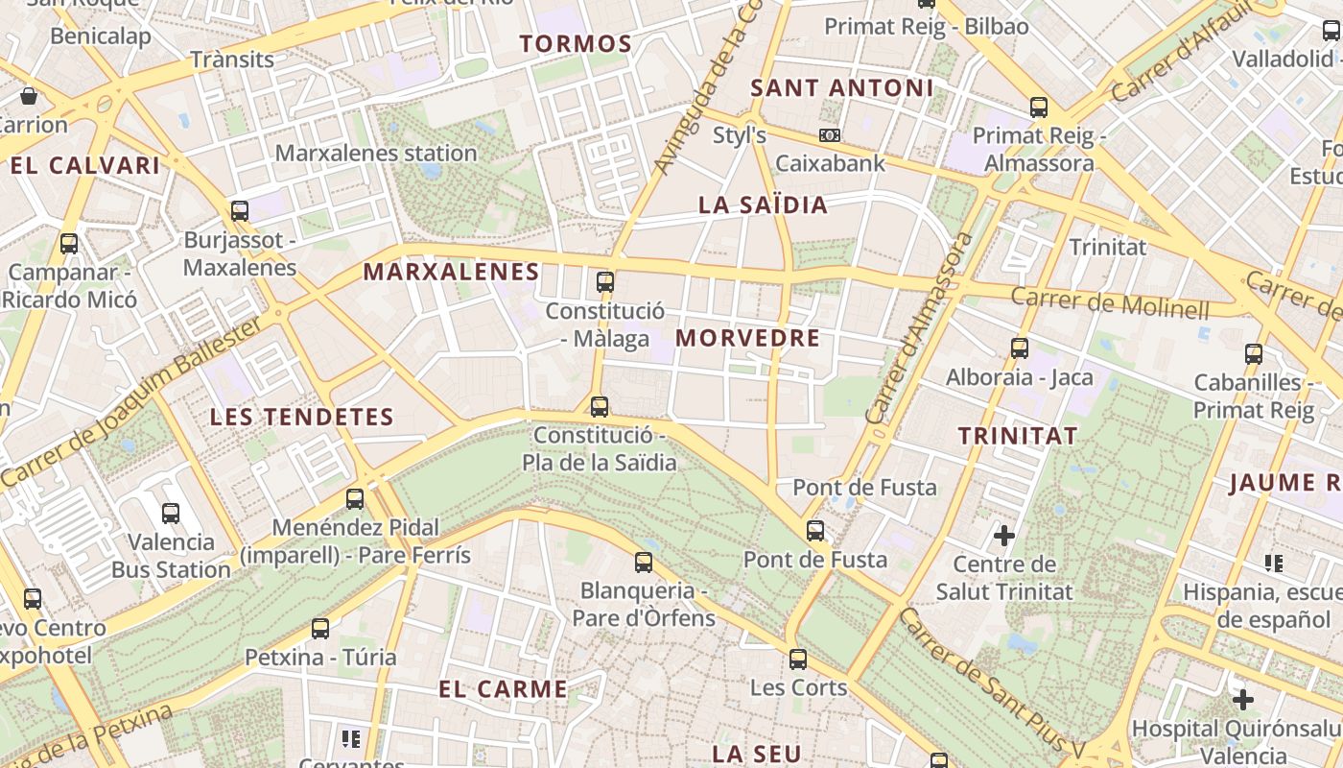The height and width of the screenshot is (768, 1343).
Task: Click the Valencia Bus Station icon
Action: pos(171,514)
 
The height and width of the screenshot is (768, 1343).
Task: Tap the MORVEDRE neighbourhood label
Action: pos(748,338)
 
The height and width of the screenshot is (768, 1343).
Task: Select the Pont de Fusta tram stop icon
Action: pos(815,530)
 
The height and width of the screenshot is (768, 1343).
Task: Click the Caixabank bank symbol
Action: pos(830,135)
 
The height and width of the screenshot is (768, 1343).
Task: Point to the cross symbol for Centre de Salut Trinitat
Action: pos(1004,535)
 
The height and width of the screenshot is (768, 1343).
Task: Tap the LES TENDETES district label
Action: pos(302,417)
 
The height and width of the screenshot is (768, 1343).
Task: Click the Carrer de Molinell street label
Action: pos(1110,302)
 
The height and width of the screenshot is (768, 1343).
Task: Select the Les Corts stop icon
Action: pos(798,660)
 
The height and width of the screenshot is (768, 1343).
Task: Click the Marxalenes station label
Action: pos(376,153)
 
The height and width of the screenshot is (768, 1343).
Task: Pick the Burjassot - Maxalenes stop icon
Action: pos(240,210)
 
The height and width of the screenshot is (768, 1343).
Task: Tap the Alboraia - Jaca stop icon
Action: pos(1020,348)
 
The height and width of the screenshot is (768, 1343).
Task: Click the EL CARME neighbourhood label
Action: pos(504,689)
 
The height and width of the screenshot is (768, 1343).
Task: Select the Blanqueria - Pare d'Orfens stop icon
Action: pos(644,562)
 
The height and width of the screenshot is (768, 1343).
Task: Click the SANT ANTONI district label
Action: pos(841,88)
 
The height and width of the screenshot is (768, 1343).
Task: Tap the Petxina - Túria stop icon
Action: pos(320,629)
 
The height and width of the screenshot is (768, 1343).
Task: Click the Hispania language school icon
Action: pos(1274,564)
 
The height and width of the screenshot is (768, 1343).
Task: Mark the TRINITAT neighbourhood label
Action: pos(1018,436)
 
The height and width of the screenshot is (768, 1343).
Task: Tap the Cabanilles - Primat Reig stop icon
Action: pos(1254,353)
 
